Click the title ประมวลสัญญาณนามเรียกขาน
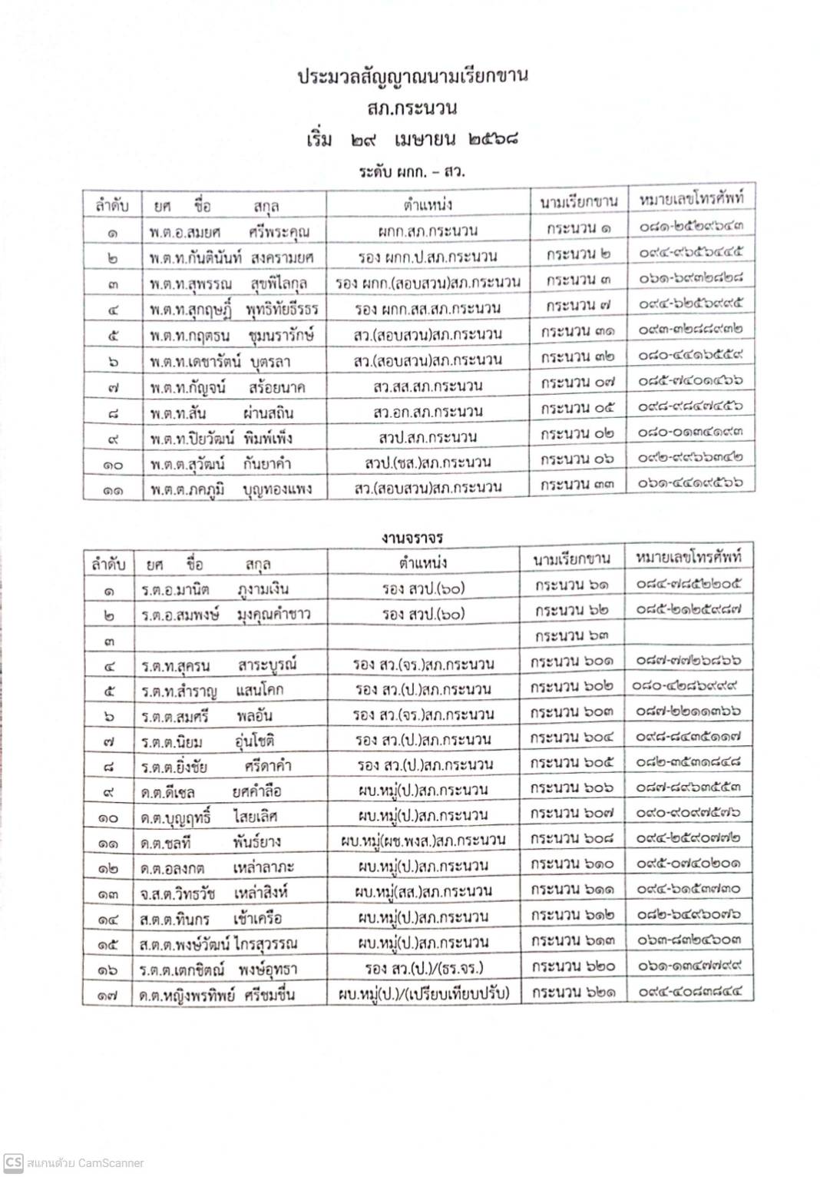click(413, 77)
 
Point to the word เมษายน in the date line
click(425, 140)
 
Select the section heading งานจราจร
click(412, 538)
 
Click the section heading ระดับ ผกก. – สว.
click(412, 171)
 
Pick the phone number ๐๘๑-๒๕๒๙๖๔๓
click(690, 227)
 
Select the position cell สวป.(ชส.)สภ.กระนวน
click(428, 463)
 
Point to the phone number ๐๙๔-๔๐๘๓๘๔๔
click(689, 991)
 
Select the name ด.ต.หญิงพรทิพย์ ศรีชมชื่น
click(217, 995)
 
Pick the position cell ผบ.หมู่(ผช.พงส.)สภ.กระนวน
click(423, 840)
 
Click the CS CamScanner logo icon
click(13, 1162)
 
